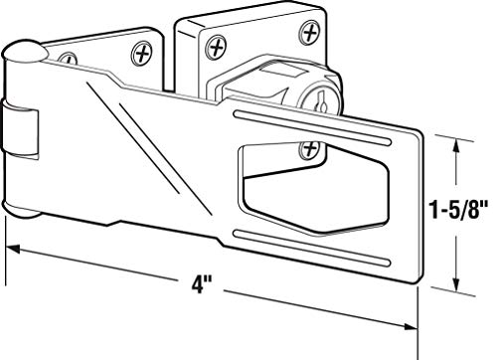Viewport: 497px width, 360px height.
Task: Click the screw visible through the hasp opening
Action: coord(309,148)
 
